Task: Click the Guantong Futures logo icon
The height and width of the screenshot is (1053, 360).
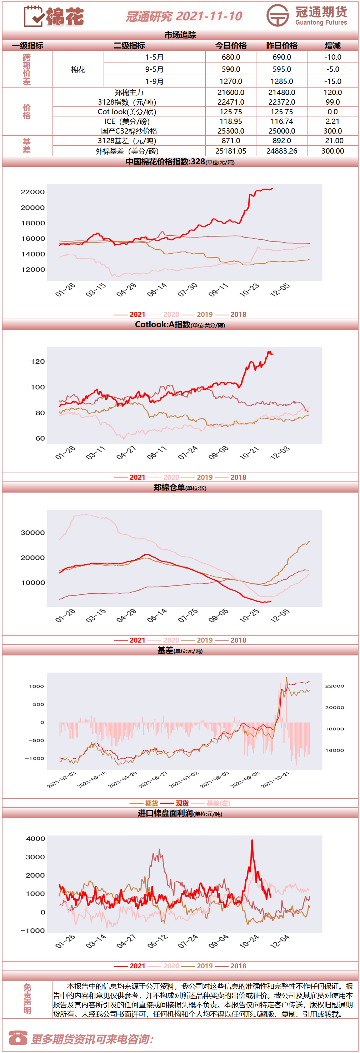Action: coord(277,15)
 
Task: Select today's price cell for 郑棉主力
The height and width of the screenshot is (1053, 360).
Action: coord(231,93)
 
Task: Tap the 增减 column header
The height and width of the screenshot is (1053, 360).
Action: coord(332,45)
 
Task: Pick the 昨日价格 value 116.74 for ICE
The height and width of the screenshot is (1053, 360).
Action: coord(282,121)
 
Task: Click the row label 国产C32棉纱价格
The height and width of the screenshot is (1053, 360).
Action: coord(129,131)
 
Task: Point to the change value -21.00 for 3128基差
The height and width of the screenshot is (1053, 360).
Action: coord(332,141)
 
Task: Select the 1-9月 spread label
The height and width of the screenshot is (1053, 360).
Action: coord(154,81)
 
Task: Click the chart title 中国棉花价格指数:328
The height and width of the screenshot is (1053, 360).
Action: coord(165,161)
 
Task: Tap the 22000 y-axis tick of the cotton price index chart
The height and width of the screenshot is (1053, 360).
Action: coord(33,192)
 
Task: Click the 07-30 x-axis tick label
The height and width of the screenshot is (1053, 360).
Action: coord(187,290)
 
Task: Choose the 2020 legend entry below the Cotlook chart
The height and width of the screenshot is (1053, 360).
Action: coord(164,477)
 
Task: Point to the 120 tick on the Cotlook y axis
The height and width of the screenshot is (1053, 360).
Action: coord(38,361)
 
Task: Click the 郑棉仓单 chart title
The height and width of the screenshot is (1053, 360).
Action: coord(169,487)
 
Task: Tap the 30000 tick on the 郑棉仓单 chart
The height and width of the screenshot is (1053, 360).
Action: coord(33,533)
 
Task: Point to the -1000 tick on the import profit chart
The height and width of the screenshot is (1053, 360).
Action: coord(33,930)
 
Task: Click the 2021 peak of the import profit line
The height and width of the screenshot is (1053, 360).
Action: coord(252,840)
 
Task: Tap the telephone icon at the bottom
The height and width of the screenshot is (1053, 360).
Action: coord(17,1038)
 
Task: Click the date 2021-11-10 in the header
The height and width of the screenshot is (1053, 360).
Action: coord(209,16)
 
